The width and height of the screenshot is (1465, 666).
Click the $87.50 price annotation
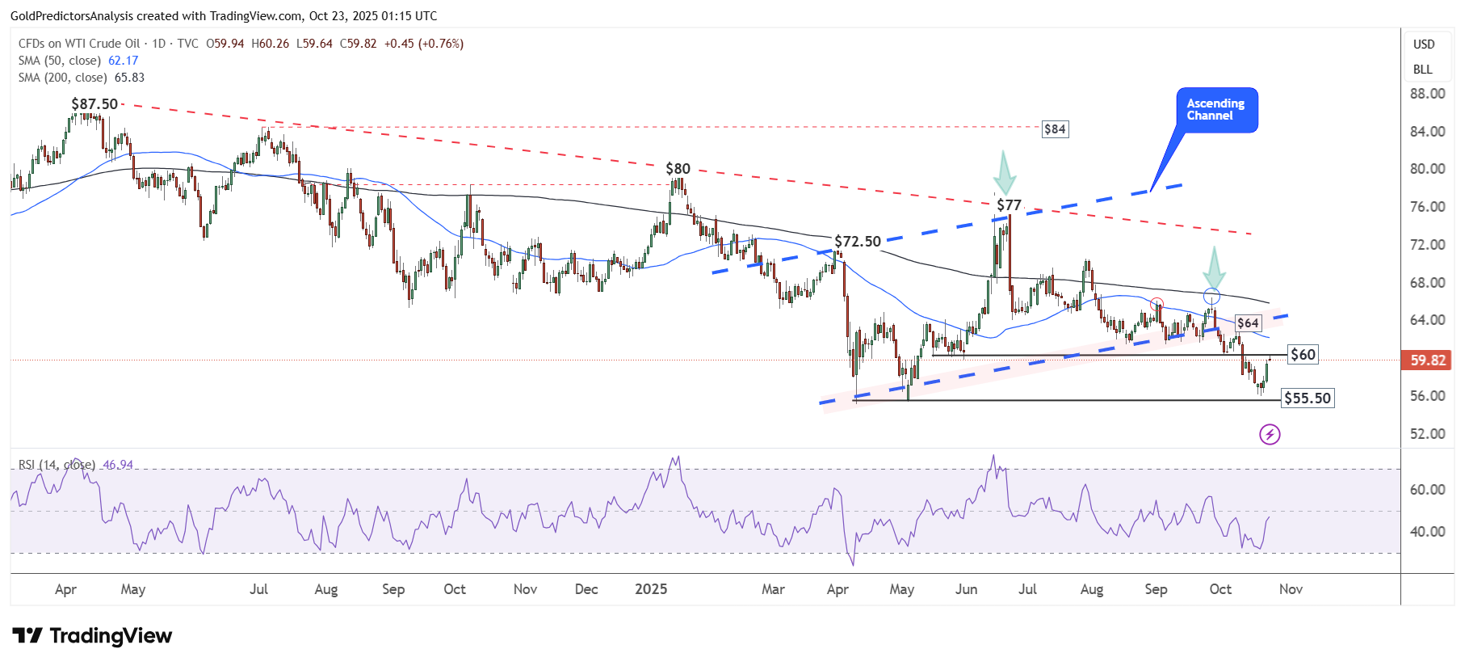(94, 104)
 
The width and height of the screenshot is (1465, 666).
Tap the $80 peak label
(678, 169)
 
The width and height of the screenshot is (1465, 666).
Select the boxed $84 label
(1055, 129)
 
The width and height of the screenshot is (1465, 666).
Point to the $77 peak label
(1009, 205)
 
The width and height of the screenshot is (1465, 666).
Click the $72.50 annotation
(858, 242)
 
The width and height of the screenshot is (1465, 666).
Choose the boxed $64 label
(1248, 323)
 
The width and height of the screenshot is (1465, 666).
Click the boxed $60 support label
(1303, 355)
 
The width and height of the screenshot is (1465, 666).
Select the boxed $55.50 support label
(1308, 398)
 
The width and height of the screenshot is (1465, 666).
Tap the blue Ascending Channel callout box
(1216, 110)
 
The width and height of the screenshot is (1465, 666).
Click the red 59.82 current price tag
(1427, 360)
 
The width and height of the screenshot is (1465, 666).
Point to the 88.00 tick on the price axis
(1427, 94)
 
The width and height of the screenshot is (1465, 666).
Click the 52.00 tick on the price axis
(1427, 434)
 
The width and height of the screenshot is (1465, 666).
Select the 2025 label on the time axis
(651, 589)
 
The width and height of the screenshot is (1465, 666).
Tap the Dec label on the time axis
(586, 589)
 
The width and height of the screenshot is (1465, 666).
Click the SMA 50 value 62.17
(124, 61)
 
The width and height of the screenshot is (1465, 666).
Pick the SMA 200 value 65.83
(129, 78)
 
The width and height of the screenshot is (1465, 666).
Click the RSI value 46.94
(118, 465)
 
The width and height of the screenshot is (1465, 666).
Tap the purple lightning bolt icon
(1270, 435)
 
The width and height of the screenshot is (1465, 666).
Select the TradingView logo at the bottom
(92, 636)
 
